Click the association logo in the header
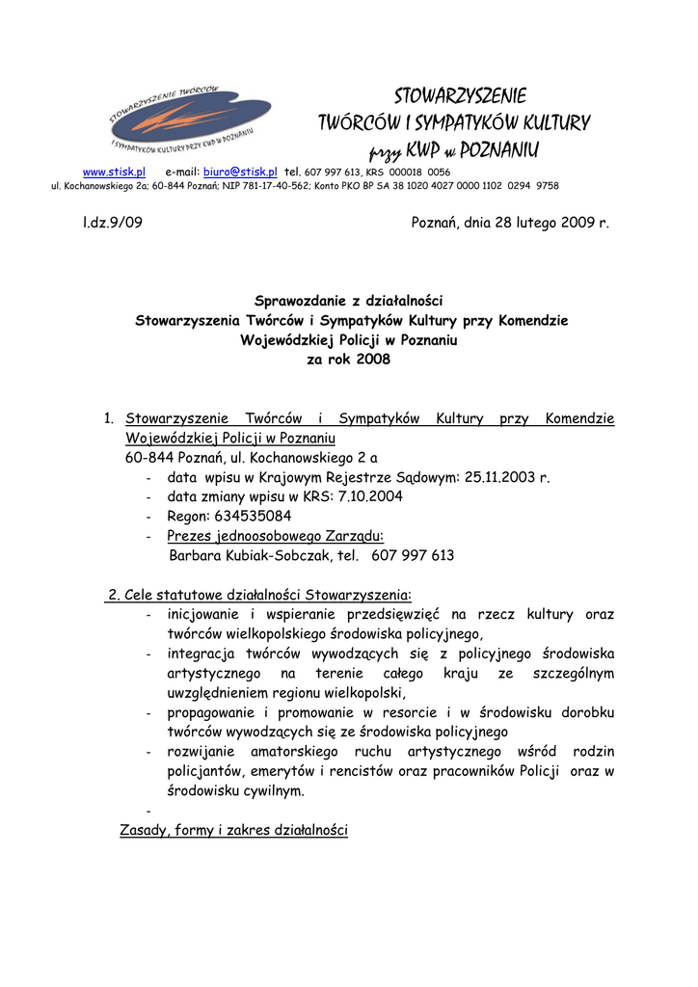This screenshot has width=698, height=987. tap(189, 120)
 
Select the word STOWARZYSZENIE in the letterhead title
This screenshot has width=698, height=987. tap(461, 97)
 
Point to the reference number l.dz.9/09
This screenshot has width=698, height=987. tap(113, 222)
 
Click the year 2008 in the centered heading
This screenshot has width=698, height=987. tap(373, 359)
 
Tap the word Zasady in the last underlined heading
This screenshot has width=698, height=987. tap(145, 830)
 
